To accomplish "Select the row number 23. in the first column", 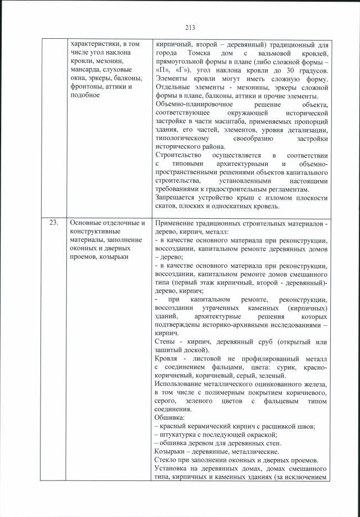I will (x=54, y=223).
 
